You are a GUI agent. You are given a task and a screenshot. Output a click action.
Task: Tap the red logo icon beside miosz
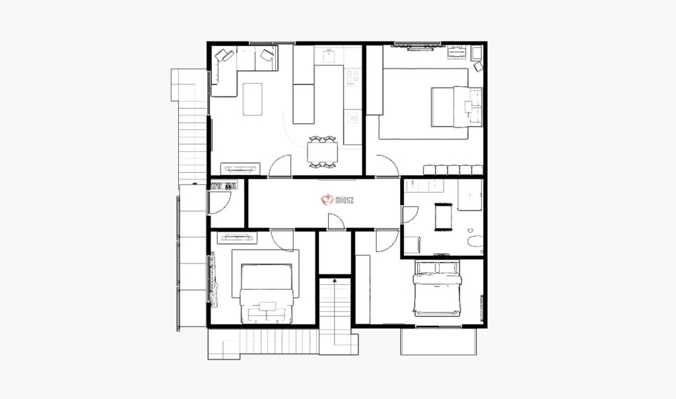tap(327, 199)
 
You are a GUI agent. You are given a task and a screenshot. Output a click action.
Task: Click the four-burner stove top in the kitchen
tap(353, 77)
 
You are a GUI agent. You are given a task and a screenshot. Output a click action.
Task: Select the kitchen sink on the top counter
tap(329, 56)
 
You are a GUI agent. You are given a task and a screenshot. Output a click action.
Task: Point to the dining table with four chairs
tap(322, 152)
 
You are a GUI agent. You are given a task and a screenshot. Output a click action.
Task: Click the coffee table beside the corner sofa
tap(253, 99)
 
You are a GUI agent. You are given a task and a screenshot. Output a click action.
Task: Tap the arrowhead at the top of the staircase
tap(335, 281)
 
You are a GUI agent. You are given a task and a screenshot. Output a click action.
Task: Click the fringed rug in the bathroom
tap(443, 217)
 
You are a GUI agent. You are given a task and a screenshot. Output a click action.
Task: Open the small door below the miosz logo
tap(336, 222)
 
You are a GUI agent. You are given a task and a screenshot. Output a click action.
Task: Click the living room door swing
tap(280, 166)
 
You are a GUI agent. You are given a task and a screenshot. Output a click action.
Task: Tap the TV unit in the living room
tap(240, 168)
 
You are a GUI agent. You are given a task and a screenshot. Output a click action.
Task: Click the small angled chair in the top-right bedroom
tap(478, 67)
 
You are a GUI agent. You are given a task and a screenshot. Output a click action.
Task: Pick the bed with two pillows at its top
tap(437, 288)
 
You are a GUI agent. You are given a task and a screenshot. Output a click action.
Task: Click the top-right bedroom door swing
tap(387, 166)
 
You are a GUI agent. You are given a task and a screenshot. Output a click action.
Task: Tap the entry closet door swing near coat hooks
tap(220, 202)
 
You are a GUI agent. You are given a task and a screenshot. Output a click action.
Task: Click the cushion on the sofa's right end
tap(267, 55)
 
